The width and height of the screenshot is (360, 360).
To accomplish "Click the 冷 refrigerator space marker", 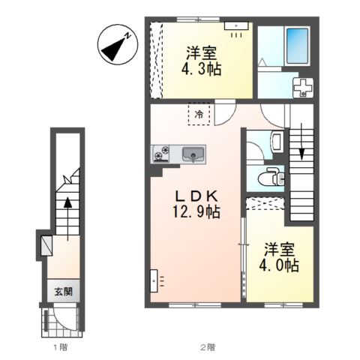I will click(199, 114).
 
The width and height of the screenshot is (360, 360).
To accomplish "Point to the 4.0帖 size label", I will click(280, 265).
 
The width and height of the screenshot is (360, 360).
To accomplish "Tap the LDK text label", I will click(193, 195).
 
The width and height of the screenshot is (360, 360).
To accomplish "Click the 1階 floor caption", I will click(58, 347).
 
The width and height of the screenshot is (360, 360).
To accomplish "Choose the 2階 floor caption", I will click(207, 347).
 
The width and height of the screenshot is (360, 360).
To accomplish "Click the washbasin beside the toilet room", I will click(274, 139).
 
